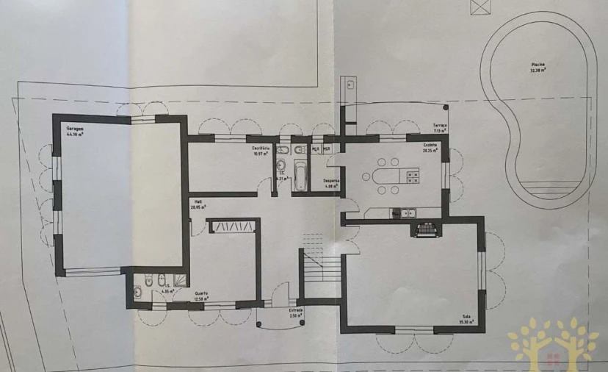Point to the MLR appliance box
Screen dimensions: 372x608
point(315,149)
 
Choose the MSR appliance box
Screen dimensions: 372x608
point(327,149)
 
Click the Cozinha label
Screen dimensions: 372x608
point(430,146)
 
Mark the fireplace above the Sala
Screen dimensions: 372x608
point(427,229)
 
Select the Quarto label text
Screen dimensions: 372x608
point(200,293)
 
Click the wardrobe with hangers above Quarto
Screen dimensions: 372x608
point(233,225)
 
